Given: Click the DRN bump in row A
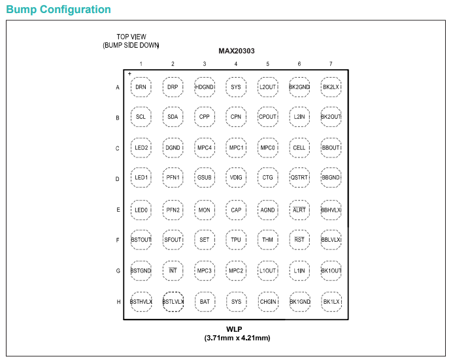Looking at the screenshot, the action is point(141,87).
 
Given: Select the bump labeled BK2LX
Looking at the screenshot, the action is point(331,87).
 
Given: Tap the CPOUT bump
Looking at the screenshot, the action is point(267,117).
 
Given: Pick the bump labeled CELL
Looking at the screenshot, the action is point(299,148).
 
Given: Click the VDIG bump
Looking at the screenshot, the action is point(236,177).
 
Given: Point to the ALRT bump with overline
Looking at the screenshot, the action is point(299,210).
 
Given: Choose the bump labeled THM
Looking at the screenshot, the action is point(267,240).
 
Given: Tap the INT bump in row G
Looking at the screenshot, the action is point(173,270).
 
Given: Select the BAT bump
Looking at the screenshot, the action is point(205,302).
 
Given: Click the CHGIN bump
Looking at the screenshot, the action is point(268,302).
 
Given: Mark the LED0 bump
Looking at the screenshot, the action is point(141,210).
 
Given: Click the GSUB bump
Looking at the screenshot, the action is point(204,177).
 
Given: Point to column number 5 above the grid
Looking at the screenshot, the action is point(267,64).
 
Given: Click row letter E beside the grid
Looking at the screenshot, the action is point(118,210).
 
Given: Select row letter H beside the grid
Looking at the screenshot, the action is point(118,302).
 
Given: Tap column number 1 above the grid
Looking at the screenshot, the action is point(141,64).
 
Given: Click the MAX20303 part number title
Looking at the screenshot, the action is point(237,51).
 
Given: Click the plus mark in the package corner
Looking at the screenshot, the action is point(129,74).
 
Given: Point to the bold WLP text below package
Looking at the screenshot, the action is point(234,329).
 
